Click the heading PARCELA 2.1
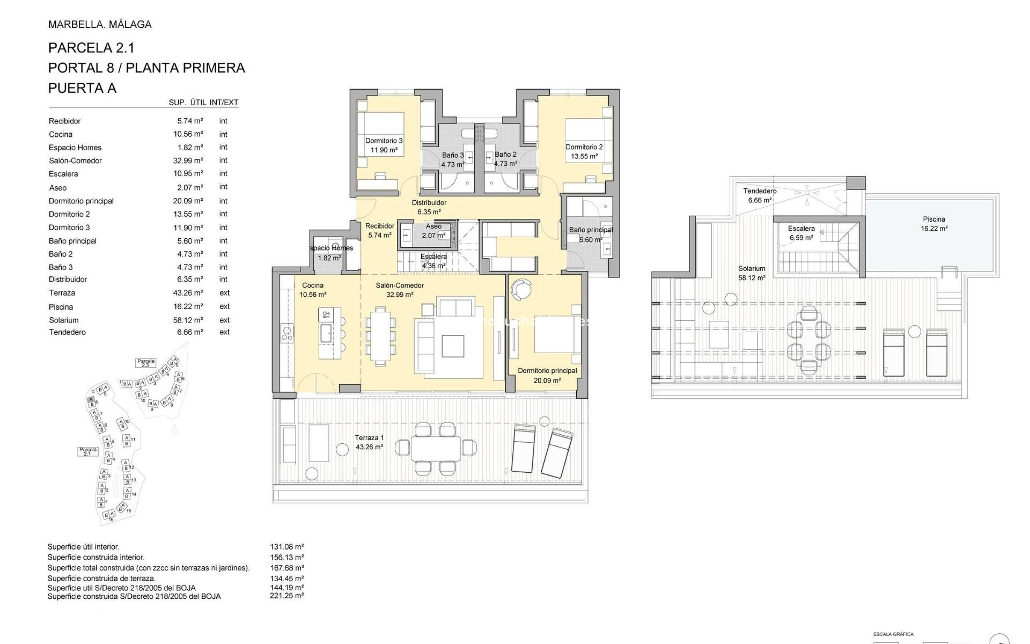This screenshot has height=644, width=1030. (x=91, y=48)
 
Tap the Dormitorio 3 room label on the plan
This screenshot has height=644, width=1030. (x=384, y=145)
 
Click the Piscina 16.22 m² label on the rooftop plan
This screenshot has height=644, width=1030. (x=934, y=224)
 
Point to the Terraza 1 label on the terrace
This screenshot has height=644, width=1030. (x=369, y=442)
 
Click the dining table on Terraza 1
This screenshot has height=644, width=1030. (x=436, y=448)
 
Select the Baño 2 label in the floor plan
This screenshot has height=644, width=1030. (x=505, y=159)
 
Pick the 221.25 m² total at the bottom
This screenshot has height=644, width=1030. (x=286, y=596)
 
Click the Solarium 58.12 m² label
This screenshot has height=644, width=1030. (x=752, y=273)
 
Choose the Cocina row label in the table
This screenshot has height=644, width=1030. (x=61, y=134)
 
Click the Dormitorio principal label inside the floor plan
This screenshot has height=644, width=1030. (x=547, y=375)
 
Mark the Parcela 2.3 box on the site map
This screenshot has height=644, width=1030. (x=146, y=363)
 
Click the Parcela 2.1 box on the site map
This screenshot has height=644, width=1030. (x=88, y=452)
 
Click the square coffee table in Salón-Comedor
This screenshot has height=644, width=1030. (x=453, y=346)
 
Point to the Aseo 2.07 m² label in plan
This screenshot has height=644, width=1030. (x=433, y=231)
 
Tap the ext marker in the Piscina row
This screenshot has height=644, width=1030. (x=224, y=306)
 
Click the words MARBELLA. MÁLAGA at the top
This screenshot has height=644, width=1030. (x=100, y=24)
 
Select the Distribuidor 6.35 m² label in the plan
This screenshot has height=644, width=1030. (x=429, y=207)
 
